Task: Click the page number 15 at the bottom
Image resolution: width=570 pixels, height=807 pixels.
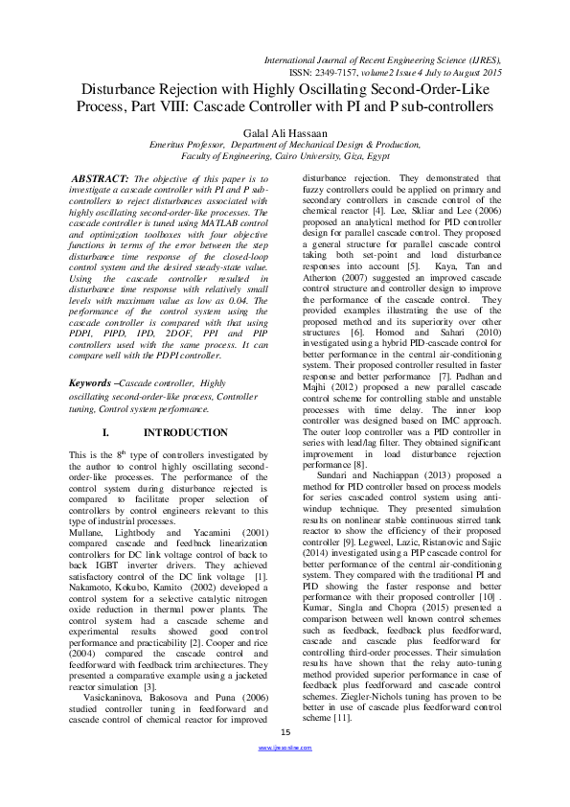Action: [x=285, y=760]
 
